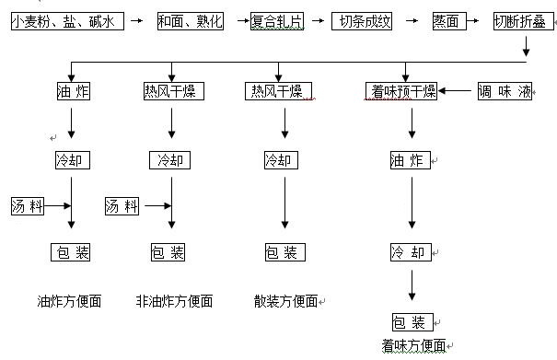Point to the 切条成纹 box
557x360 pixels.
pos(362,20)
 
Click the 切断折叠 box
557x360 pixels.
pos(522,20)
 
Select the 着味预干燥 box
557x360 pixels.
pos(402,91)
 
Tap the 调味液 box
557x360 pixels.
pos(502,91)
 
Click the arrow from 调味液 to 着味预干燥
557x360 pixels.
pos(458,91)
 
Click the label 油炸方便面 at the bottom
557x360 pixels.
pos(69,301)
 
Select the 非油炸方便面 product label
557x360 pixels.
pos(174,301)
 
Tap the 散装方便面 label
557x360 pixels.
pos(286,301)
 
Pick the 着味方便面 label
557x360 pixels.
pos(413,346)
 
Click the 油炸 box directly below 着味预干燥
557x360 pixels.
pos(411,161)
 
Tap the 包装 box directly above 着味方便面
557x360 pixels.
pos(411,322)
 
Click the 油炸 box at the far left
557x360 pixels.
pos(73,91)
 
